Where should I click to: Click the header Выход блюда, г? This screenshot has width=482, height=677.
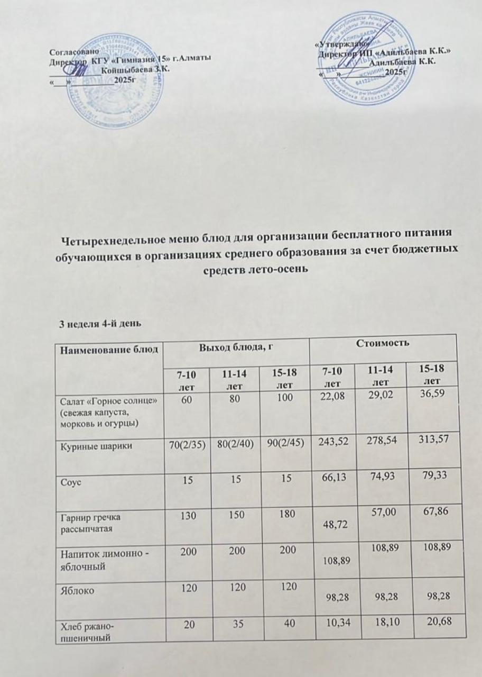234,347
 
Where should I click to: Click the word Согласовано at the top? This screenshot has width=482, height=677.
70,52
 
